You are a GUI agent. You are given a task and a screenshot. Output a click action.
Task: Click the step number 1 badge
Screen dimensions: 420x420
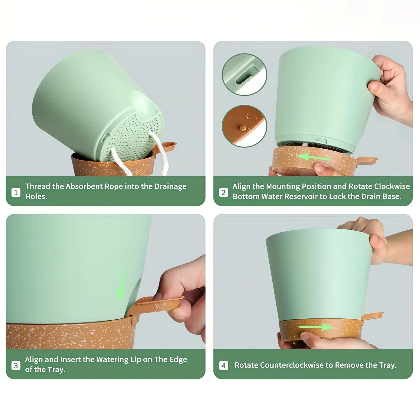tap(16, 192)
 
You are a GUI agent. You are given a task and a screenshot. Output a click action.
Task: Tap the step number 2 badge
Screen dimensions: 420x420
tap(223, 192)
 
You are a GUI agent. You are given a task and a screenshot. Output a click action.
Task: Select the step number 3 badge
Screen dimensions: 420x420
tap(16, 365)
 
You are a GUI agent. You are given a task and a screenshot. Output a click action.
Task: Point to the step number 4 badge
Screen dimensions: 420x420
tap(223, 365)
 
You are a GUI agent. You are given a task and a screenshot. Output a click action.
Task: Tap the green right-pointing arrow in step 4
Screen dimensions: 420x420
tap(316, 327)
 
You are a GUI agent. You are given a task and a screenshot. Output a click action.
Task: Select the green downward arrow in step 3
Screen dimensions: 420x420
tap(122, 285)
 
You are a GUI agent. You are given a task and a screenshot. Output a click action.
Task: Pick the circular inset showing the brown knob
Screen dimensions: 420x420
tap(244, 126)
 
